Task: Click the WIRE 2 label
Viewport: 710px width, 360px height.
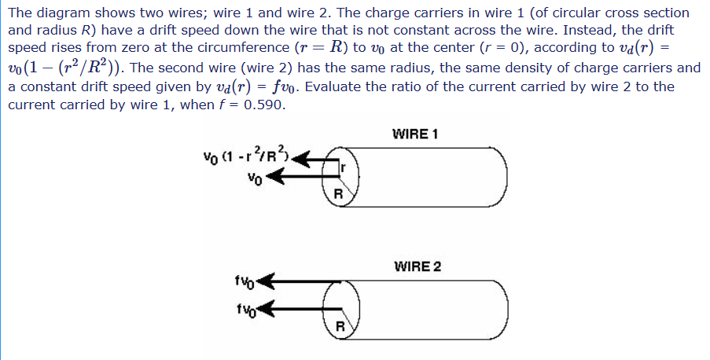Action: (x=417, y=266)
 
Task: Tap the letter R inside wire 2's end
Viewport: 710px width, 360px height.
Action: (x=340, y=325)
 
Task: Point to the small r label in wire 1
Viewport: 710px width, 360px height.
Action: (x=344, y=167)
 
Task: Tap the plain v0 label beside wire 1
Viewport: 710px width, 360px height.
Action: (x=253, y=178)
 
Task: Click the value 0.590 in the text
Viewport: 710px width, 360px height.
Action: (x=260, y=105)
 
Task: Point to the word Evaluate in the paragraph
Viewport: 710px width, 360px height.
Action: (x=331, y=86)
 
